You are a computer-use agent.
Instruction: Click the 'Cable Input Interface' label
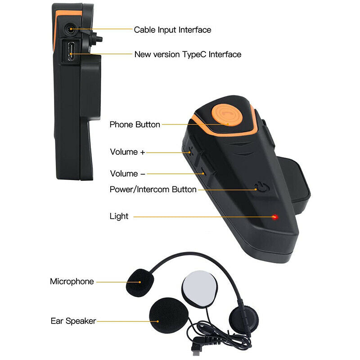(172, 30)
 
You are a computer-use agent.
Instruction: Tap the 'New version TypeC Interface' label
(188, 54)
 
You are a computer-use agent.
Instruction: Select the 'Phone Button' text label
(135, 125)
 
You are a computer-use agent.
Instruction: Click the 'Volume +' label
(127, 152)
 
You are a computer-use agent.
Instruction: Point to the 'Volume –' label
(127, 174)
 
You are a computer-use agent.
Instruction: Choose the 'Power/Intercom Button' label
(153, 189)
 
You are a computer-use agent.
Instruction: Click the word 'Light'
(119, 216)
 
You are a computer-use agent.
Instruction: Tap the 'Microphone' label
(72, 282)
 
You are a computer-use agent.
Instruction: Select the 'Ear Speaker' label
(73, 321)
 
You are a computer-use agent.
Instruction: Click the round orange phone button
(227, 115)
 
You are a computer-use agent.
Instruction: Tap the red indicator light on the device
(274, 217)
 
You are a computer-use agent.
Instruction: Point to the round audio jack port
(71, 29)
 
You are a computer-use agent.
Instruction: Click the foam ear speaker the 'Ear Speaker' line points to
(169, 316)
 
